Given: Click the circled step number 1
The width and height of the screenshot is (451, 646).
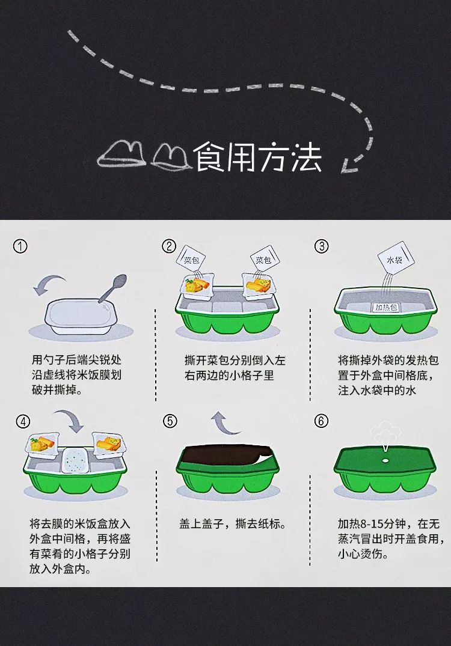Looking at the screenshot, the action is tap(20, 246).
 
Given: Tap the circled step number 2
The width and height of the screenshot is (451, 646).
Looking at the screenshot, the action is tap(169, 246).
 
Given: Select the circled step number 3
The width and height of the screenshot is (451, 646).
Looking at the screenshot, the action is tap(321, 246).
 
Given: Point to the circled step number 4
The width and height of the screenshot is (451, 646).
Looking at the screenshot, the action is tap(23, 421).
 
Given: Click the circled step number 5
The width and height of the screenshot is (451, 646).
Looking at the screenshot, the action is tap(170, 421).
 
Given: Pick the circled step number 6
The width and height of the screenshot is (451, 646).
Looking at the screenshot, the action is tap(321, 421).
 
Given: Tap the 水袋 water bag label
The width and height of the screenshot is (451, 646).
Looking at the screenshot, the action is tap(395, 260).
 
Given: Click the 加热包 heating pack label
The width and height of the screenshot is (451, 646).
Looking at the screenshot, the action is tap(385, 307).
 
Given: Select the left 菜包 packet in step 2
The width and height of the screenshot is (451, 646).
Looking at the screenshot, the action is tap(192, 260).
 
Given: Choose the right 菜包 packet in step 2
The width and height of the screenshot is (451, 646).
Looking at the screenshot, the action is tap(263, 260).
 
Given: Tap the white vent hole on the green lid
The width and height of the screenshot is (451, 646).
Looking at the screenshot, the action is tap(386, 460).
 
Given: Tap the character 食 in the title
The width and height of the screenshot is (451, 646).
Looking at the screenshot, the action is tap(210, 157).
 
